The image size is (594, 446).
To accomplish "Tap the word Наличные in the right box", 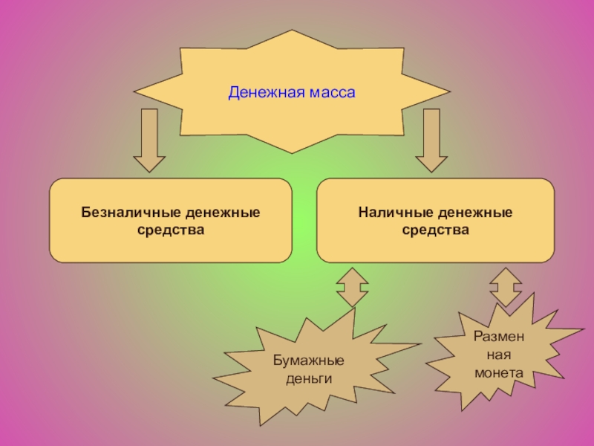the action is (393, 213).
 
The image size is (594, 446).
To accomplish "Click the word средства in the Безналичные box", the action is (170, 230).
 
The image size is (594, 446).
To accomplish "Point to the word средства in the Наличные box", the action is (435, 230).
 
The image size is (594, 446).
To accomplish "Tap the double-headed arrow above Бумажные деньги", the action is (351, 288).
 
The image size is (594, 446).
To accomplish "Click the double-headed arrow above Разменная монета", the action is (506, 288).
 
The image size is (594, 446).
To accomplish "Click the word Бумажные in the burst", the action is (307, 361).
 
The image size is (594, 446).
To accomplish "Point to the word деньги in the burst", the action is (307, 378).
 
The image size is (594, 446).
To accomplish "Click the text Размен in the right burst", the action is (499, 336).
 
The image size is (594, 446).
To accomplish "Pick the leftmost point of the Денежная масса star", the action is (134, 93).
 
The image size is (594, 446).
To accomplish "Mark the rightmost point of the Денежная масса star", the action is (450, 93).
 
